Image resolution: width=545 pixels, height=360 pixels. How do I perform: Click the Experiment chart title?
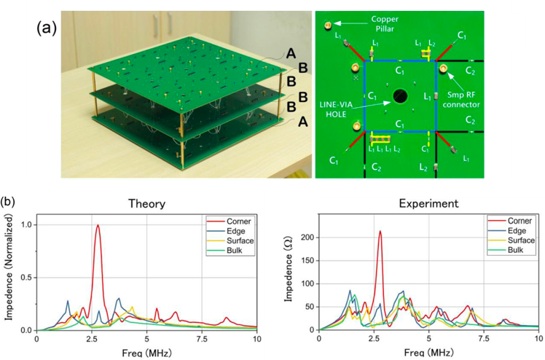[x=428, y=206]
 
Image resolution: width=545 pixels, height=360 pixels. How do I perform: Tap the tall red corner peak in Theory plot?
[x=98, y=227]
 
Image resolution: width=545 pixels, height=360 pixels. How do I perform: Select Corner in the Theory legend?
[x=238, y=219]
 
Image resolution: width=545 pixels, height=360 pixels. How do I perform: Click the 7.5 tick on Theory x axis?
[x=201, y=340]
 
